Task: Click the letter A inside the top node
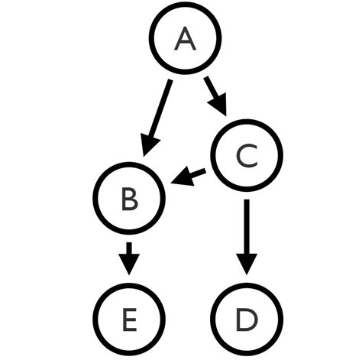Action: pyautogui.click(x=185, y=38)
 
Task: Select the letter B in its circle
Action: pyautogui.click(x=130, y=199)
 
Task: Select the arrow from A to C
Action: pyautogui.click(x=215, y=96)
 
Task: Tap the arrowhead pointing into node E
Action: pyautogui.click(x=130, y=264)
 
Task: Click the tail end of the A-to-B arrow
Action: pyautogui.click(x=171, y=81)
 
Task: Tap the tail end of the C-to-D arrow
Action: pyautogui.click(x=246, y=200)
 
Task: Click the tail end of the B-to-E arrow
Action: pyautogui.click(x=130, y=245)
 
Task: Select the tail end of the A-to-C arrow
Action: pyautogui.click(x=206, y=78)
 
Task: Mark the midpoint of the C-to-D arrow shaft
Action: pyautogui.click(x=246, y=230)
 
